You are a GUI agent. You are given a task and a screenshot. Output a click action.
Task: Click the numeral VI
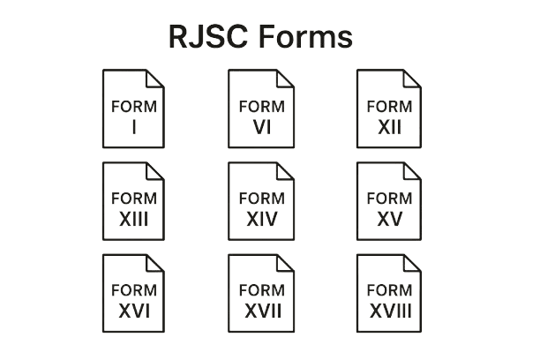point(260,128)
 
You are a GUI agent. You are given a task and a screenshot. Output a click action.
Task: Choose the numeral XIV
point(261,219)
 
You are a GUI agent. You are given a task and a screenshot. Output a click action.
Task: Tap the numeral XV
point(388,219)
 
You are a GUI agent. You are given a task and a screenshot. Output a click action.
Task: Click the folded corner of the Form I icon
point(156,78)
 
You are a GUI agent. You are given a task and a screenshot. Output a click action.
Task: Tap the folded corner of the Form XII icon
point(412,78)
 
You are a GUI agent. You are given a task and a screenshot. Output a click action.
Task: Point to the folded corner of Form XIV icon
point(285,169)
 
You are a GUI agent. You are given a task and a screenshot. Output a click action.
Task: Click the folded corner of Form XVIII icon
point(412,261)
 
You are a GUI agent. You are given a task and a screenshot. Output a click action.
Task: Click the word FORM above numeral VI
point(260,107)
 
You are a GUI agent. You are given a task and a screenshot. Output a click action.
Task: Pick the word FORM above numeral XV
point(388,198)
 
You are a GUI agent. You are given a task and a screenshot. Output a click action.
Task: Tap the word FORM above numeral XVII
point(261,289)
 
